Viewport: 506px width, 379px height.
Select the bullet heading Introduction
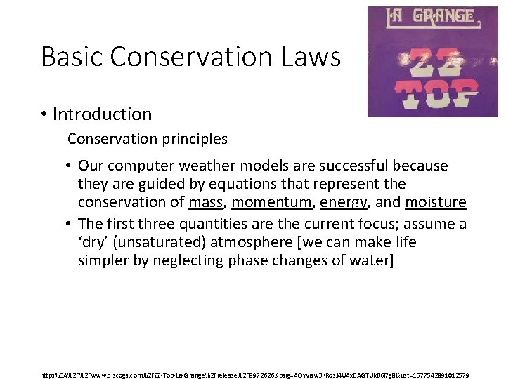tap(102, 114)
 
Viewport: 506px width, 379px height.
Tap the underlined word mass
tap(206, 203)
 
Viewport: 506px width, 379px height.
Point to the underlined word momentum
tap(271, 203)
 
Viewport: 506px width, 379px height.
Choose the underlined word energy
tap(344, 203)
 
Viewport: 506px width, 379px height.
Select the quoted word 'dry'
tap(96, 242)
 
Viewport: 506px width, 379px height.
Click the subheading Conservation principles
tap(148, 139)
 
